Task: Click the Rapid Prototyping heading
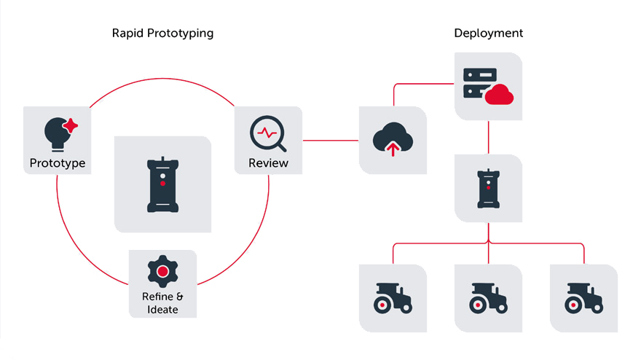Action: [x=162, y=34]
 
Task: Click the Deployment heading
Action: [x=488, y=34]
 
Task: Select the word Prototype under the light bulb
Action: [x=58, y=163]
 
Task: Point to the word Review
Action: [x=268, y=163]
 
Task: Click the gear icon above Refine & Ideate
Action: [x=162, y=271]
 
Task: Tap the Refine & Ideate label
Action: [x=162, y=302]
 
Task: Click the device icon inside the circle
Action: [x=162, y=184]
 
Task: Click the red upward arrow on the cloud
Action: [x=393, y=149]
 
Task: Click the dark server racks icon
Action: [x=479, y=85]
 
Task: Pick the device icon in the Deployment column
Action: [x=488, y=188]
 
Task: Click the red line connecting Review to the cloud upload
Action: [x=331, y=140]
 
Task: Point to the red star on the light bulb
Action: [x=71, y=125]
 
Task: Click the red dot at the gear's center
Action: [x=162, y=271]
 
